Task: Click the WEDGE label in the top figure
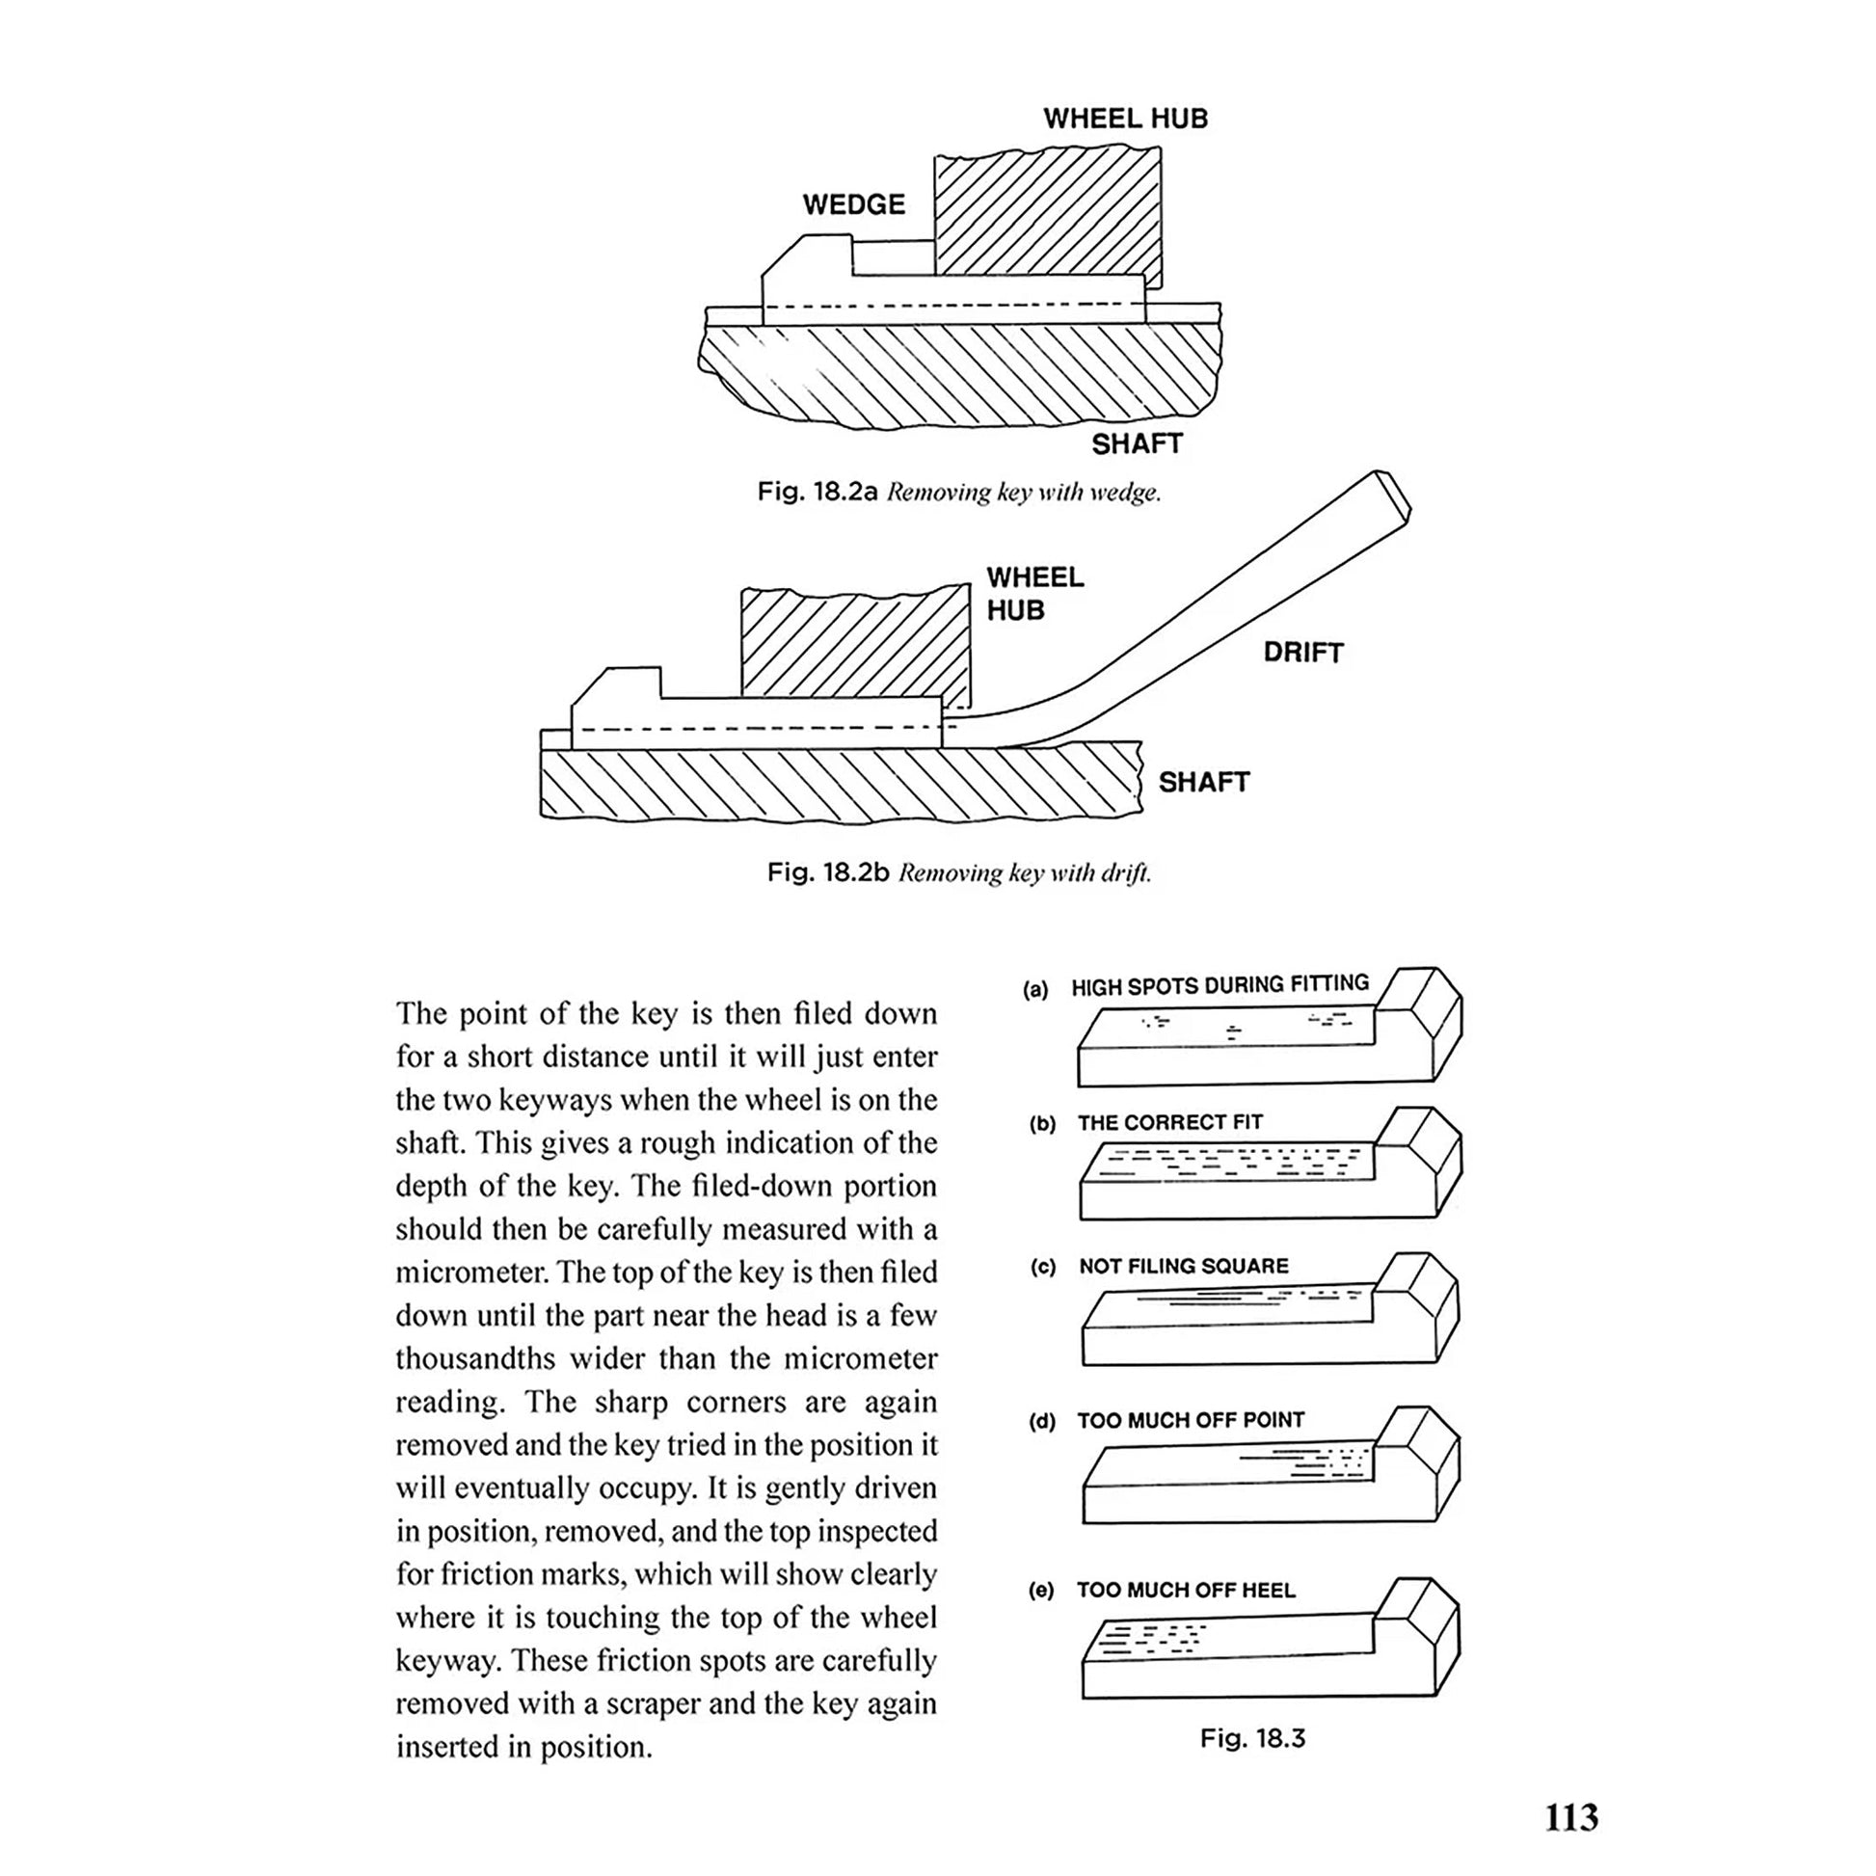pos(853,204)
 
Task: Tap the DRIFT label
pos(1303,652)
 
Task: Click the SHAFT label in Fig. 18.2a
pos(1136,443)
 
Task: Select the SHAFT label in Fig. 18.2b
pos(1203,782)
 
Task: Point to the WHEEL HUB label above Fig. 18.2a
pos(1125,119)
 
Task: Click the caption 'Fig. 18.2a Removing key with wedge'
pos(958,492)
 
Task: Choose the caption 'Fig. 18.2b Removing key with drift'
pos(958,872)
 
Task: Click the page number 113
pos(1571,1816)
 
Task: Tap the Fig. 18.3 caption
pos(1252,1738)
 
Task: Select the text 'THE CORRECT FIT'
pos(1169,1122)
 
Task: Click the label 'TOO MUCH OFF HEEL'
pos(1185,1590)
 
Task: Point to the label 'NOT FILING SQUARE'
pos(1183,1266)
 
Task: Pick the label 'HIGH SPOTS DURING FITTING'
pos(1219,985)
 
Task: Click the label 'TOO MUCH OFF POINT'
pos(1190,1420)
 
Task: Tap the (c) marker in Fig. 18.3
pos(1043,1267)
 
